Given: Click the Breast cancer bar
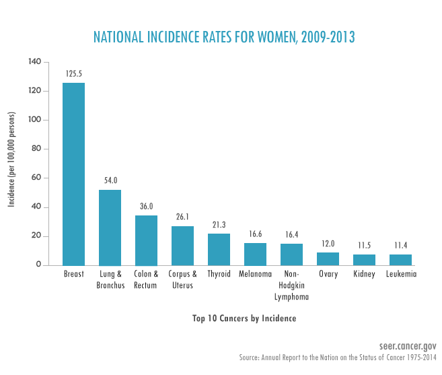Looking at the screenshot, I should (x=73, y=174).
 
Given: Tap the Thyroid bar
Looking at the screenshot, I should (x=219, y=249).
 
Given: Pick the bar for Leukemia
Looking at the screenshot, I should (x=400, y=259).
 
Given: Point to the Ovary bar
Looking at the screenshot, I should (x=328, y=259).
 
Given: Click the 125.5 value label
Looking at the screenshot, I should (x=74, y=73).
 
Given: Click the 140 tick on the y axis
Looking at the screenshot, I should (x=34, y=62).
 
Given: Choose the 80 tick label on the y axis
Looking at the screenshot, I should (x=36, y=149).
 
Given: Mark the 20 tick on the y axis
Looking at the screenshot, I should (x=36, y=236).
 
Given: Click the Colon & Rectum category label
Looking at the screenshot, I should (x=146, y=279).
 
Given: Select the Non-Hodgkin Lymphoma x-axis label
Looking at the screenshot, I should (x=291, y=285).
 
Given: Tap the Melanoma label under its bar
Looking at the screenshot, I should (x=255, y=274).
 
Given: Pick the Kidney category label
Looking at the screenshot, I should (x=364, y=274).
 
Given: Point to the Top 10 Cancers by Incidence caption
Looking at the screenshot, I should (x=235, y=318).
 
